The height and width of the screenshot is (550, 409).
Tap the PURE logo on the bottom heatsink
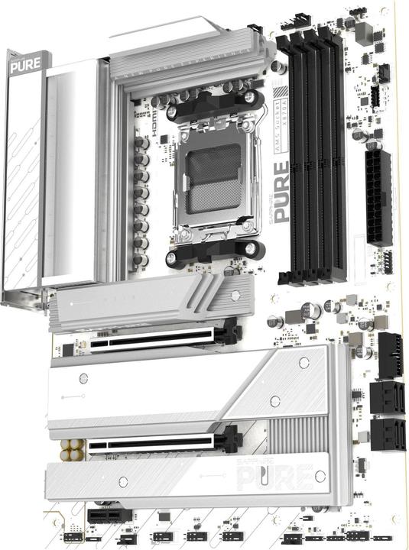(275, 477)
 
